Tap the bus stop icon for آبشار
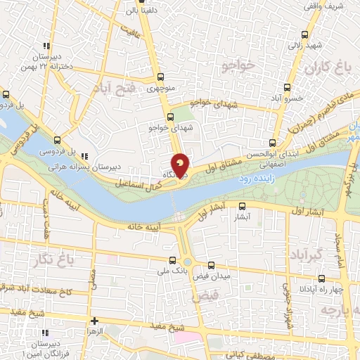(x=242, y=206)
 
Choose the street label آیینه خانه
(x=144, y=227)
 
